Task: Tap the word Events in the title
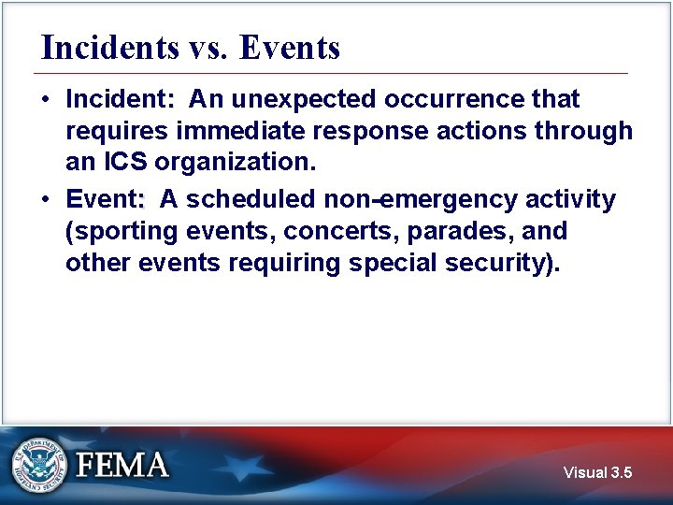[289, 47]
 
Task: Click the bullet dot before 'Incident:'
[47, 99]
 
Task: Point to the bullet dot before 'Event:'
[47, 199]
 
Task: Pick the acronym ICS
[124, 163]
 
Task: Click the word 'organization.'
[236, 163]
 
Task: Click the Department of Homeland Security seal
[40, 465]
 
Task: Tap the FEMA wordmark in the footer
[122, 465]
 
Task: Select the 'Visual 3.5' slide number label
[597, 473]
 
